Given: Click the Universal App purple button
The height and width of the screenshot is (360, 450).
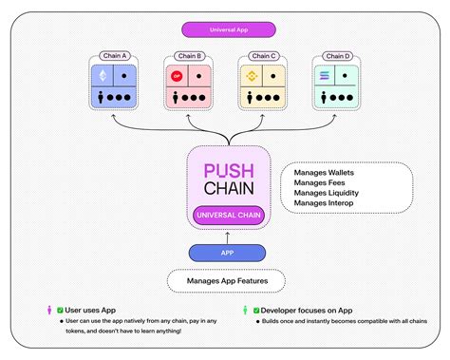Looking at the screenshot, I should (x=224, y=29).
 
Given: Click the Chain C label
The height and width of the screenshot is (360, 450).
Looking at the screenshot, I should (x=261, y=56).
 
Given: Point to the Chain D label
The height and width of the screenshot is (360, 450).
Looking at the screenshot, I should (x=335, y=56).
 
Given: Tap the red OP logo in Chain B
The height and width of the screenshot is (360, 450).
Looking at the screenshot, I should (x=175, y=75).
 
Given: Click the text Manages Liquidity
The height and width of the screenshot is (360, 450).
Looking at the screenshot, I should (x=328, y=192).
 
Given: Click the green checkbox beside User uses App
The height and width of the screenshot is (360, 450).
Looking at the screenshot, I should (x=59, y=309).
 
